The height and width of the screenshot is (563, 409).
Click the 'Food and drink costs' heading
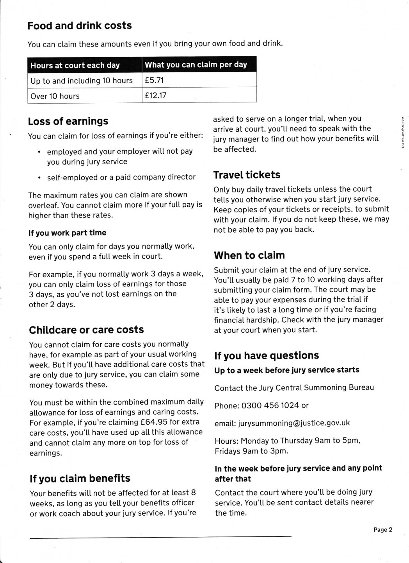coord(80,26)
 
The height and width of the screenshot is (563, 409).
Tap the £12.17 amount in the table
coord(155,95)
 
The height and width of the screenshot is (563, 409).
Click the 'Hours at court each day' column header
coord(75,65)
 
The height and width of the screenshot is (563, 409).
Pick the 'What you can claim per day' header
coord(196,65)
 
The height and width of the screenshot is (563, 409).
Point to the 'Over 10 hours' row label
coord(55,96)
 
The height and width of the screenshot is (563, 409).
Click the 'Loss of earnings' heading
coord(68,121)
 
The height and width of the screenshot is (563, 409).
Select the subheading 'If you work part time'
coord(67,233)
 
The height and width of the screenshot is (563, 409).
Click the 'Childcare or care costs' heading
coord(86,330)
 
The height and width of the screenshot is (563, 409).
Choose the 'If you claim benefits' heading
coord(80,478)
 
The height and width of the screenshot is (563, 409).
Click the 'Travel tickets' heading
coord(247,175)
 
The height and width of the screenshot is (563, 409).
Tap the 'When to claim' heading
coord(249,255)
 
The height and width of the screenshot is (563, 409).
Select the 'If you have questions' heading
coord(267,355)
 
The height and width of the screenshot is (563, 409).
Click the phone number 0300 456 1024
coord(270,405)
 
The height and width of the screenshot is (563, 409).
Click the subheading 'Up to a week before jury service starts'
coord(287,370)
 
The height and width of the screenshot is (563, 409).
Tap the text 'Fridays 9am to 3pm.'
coord(251,451)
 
